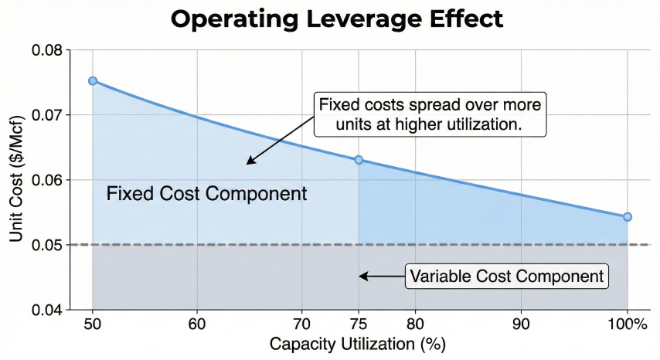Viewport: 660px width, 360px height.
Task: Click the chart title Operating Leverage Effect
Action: [337, 19]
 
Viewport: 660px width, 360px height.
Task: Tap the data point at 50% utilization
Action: [93, 80]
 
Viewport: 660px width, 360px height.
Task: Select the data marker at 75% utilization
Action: [359, 160]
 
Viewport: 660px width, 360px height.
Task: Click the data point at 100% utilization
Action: [627, 217]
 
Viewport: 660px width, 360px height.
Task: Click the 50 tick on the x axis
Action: [93, 324]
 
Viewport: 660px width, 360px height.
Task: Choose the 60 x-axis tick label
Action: [197, 324]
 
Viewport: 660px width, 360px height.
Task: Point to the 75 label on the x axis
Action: [359, 324]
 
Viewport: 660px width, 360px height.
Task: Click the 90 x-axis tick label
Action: [522, 324]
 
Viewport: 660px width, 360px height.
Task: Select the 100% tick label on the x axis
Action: [627, 324]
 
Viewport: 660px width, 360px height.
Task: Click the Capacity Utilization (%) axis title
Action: [357, 343]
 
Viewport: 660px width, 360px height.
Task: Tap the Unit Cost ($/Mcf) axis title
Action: [17, 179]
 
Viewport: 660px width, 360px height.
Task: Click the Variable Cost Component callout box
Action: [506, 277]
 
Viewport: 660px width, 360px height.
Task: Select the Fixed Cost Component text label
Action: [206, 194]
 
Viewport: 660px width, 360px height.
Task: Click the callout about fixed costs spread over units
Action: [430, 114]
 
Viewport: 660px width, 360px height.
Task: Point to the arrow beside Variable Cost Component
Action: [380, 277]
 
